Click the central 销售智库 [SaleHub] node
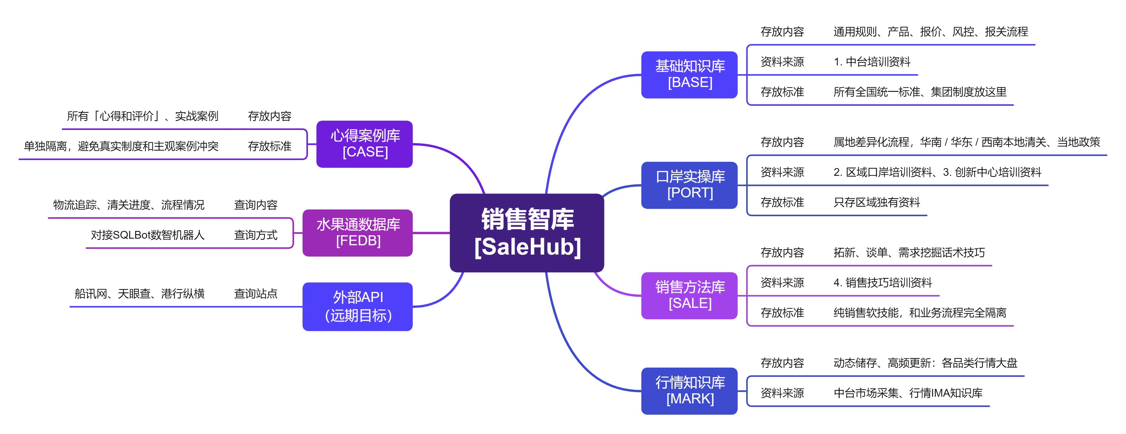click(x=527, y=233)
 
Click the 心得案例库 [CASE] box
click(x=364, y=144)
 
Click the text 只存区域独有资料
click(x=877, y=202)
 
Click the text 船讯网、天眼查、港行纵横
click(x=139, y=294)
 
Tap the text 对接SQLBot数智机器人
click(x=148, y=235)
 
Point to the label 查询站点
click(x=256, y=294)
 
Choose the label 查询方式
click(x=256, y=235)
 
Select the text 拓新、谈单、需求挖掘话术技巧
click(x=909, y=253)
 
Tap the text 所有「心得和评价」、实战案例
click(x=143, y=116)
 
